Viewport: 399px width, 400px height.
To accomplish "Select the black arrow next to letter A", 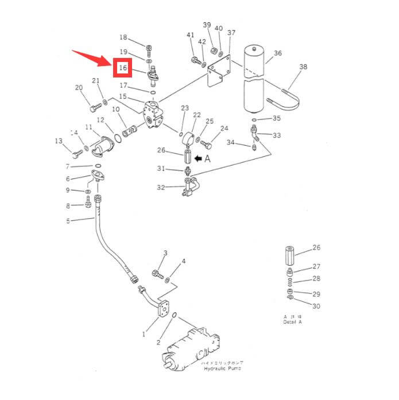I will pyautogui.click(x=197, y=158).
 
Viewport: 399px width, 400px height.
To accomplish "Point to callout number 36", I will pyautogui.click(x=278, y=53).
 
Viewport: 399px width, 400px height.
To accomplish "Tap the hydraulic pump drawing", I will pyautogui.click(x=192, y=347).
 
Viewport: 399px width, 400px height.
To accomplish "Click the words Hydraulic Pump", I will pyautogui.click(x=223, y=368).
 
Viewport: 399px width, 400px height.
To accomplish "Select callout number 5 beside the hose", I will pyautogui.click(x=68, y=221).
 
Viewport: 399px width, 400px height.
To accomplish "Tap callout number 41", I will pyautogui.click(x=191, y=36).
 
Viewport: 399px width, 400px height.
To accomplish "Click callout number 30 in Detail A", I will pyautogui.click(x=316, y=306).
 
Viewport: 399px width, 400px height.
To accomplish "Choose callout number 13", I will pyautogui.click(x=59, y=141).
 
